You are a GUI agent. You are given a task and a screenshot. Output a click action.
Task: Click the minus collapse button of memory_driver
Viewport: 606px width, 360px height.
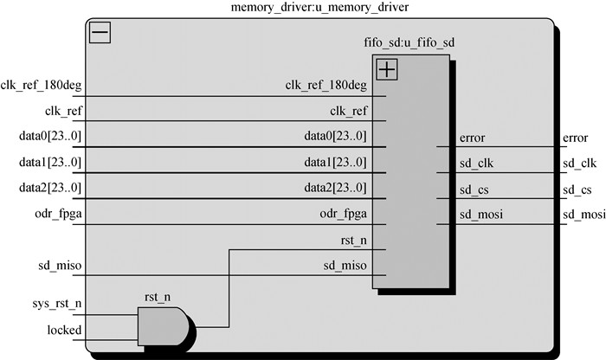(100, 33)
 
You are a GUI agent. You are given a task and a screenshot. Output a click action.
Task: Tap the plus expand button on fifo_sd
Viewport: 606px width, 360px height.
(386, 69)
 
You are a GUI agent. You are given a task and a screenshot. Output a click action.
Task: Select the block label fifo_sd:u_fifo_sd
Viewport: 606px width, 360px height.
(407, 42)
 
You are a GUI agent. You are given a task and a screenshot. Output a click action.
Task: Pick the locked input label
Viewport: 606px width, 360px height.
(65, 330)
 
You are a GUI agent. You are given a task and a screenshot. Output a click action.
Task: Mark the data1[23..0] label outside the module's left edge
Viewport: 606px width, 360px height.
(50, 162)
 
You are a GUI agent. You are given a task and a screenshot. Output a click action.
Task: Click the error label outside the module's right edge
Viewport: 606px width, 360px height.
(575, 138)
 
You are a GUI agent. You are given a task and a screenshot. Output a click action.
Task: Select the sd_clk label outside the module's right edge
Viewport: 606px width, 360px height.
(579, 162)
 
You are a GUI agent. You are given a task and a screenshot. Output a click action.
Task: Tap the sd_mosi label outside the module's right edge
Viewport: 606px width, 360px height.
(583, 214)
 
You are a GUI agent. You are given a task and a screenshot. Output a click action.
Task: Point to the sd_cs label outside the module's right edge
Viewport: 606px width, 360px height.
(577, 189)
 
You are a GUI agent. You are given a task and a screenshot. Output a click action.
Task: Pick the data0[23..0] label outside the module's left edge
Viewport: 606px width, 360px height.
(50, 137)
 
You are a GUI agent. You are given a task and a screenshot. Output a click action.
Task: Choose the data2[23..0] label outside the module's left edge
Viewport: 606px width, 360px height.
(50, 188)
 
